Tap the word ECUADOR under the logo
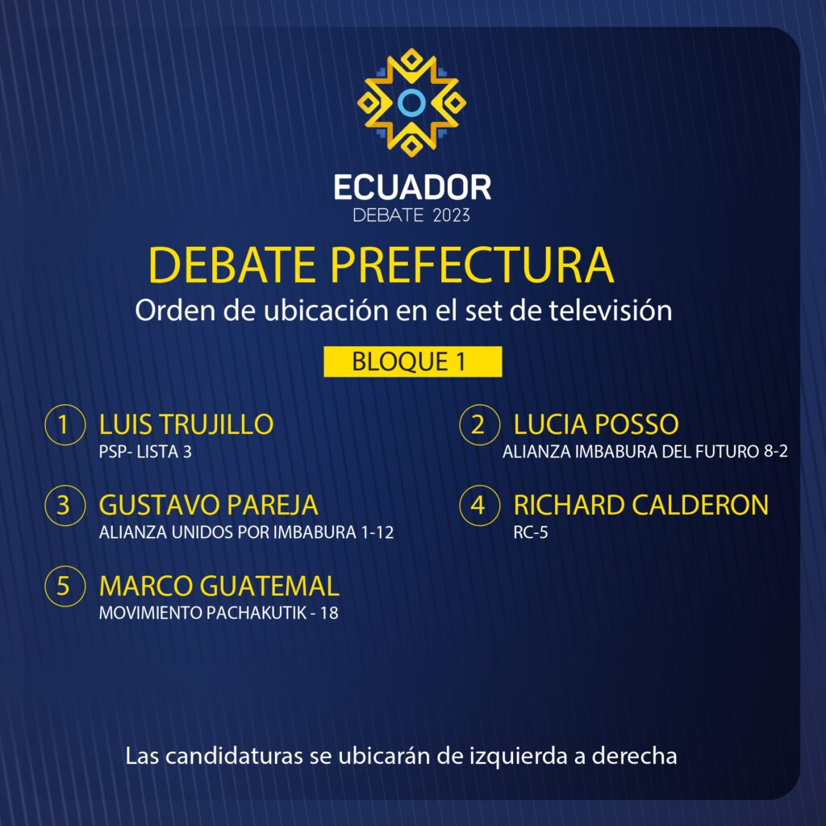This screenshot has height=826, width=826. click(x=412, y=187)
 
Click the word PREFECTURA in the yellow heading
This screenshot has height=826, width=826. click(x=472, y=265)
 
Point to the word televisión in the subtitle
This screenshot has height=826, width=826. click(x=611, y=310)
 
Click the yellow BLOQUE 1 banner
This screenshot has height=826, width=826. click(x=412, y=361)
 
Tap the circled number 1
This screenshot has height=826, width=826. click(x=65, y=424)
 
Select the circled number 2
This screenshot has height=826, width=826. click(x=479, y=424)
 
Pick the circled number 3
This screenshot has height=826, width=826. click(x=65, y=505)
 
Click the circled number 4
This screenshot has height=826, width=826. click(x=479, y=505)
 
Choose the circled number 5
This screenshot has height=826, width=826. click(x=65, y=586)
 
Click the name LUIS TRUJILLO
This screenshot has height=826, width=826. click(x=186, y=424)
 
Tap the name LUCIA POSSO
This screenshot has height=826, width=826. click(x=596, y=424)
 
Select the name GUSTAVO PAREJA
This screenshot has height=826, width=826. click(x=209, y=505)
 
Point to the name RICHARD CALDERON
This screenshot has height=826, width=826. click(x=641, y=505)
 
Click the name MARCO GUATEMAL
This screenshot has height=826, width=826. click(x=219, y=586)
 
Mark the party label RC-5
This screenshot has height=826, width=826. click(x=531, y=532)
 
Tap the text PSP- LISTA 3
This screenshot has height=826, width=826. click(x=145, y=452)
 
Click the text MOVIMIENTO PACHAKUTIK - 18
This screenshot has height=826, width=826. click(x=219, y=613)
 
